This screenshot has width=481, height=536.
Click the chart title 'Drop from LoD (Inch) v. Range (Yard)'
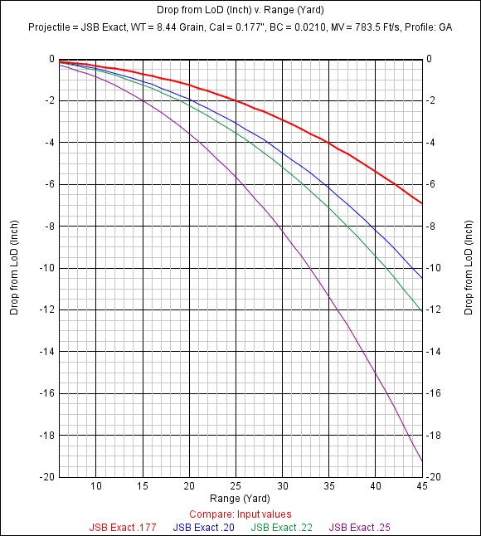(x=240, y=10)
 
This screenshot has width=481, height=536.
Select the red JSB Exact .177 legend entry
(x=123, y=527)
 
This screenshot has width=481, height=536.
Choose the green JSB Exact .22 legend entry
(x=284, y=527)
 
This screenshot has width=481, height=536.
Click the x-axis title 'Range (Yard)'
(x=240, y=499)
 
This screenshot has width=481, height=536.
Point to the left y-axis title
(x=14, y=267)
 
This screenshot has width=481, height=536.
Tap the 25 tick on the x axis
(x=236, y=486)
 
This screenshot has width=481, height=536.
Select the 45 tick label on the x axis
(x=423, y=486)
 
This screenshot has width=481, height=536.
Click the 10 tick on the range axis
(x=96, y=486)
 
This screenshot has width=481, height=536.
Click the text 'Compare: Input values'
(x=240, y=514)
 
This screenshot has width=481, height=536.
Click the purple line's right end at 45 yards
(x=423, y=461)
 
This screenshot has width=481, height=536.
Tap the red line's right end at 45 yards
(x=423, y=203)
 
